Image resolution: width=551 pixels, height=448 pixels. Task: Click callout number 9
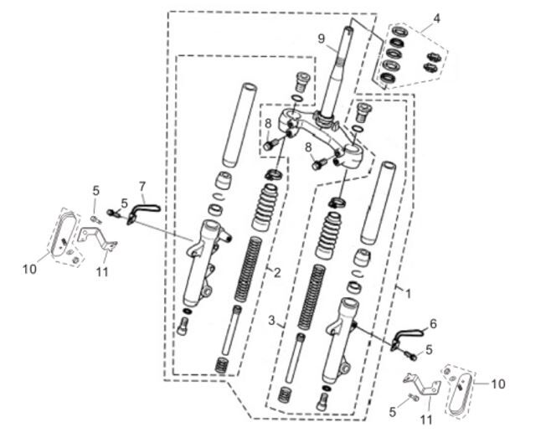(322, 39)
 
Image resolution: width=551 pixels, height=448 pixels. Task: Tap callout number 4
(436, 18)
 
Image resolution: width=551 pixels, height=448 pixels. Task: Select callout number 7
(142, 186)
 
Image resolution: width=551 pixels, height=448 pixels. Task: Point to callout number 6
(433, 324)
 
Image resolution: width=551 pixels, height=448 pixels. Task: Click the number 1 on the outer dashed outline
(408, 293)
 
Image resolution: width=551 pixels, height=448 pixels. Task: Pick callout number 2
(277, 272)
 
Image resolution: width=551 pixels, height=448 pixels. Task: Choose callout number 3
(271, 320)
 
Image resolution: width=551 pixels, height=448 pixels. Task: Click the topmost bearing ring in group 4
(399, 31)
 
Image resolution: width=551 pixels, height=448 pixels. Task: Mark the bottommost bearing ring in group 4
(388, 78)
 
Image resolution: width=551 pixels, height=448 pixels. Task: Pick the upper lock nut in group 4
(432, 56)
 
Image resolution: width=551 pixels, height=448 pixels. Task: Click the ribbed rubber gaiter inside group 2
(265, 208)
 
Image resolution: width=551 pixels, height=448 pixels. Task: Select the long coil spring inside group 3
(312, 297)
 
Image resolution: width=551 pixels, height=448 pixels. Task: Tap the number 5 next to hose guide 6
(429, 350)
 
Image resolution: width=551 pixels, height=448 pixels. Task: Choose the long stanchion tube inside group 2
(239, 125)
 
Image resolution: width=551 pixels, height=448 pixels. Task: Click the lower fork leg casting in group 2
(203, 264)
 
